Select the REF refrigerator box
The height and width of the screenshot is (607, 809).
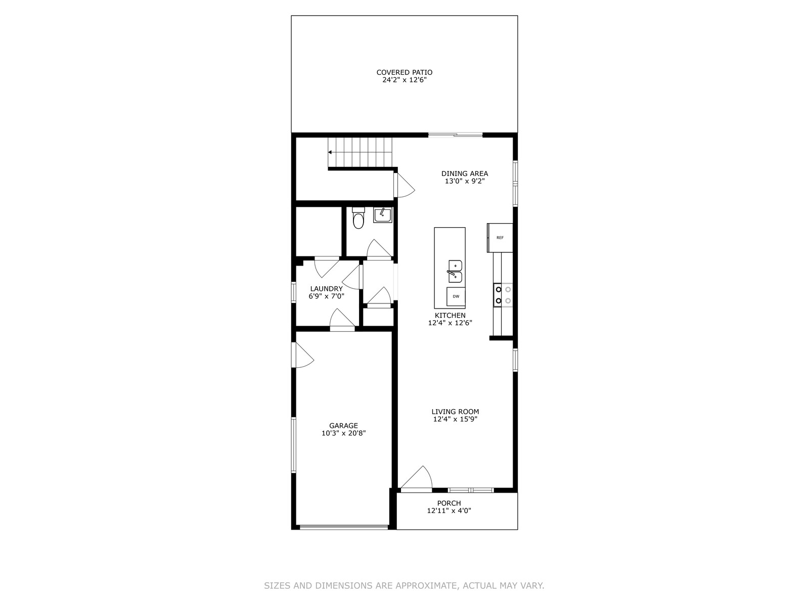500,238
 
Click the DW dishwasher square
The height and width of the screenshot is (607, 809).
456,296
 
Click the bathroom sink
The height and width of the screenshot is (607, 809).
383,215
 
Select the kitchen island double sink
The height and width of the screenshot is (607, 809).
455,271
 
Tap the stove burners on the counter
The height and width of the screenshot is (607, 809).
503,295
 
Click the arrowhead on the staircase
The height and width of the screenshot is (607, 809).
330,152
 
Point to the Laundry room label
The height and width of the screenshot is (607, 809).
326,288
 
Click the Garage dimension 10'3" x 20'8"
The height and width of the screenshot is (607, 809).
343,433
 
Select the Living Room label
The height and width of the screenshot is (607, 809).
455,411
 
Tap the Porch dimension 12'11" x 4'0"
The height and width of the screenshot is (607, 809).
449,510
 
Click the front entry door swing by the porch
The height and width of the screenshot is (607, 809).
417,479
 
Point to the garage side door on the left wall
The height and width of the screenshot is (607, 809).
302,355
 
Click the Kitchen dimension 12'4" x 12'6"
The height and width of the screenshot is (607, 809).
450,323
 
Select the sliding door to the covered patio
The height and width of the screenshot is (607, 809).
456,135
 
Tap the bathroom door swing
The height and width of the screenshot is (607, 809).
379,249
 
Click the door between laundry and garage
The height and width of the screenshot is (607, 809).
342,320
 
